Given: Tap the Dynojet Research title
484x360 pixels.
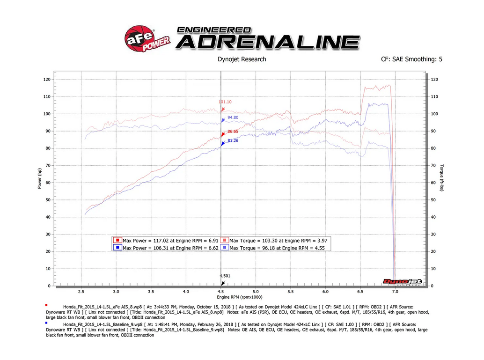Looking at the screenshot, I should click(x=242, y=59).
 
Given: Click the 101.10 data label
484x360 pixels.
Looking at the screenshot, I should click(x=226, y=102).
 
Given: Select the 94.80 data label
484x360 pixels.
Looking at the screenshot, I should click(x=233, y=118).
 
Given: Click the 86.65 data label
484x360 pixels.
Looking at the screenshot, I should click(x=233, y=132).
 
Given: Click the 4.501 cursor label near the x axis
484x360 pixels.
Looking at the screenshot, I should click(x=225, y=276).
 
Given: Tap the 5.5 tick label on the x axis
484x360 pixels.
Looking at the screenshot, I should click(x=290, y=291).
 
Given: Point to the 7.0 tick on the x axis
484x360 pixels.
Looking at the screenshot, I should click(x=395, y=291).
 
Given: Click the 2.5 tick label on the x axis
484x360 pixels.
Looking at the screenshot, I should click(x=81, y=291).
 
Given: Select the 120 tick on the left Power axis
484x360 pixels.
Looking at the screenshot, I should click(x=46, y=80).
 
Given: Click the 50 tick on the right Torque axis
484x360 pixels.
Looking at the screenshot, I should click(x=434, y=200).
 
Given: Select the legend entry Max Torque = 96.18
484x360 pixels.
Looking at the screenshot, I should click(x=275, y=248).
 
